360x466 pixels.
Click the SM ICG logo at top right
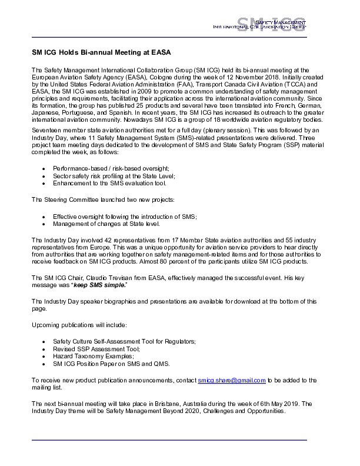pos(271,23)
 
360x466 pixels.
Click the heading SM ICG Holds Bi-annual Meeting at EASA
pos(101,52)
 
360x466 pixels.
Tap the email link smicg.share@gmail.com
pos(232,381)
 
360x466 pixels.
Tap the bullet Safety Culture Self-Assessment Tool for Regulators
pos(124,341)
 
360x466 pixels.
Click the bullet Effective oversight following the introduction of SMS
pos(125,217)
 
